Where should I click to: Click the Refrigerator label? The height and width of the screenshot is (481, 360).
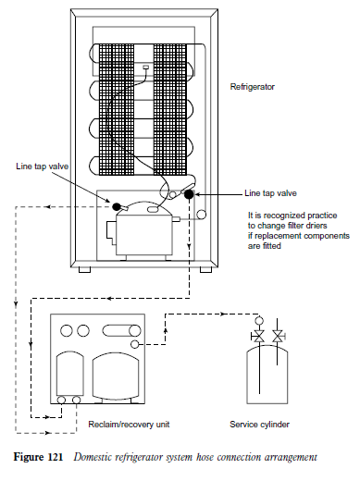pos(252,87)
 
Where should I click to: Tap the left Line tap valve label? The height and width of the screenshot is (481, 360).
pos(43,166)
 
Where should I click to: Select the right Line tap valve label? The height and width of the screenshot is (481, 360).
pos(270,193)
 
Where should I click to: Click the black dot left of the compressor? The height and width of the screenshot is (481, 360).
pos(116,206)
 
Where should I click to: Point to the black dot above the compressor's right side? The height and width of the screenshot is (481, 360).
pos(189,194)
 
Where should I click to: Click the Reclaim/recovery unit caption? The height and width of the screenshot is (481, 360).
pos(129,425)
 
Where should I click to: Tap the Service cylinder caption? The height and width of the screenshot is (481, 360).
pos(259,425)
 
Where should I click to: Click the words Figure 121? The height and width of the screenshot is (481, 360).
pos(38,457)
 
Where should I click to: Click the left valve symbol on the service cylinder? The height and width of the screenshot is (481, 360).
pos(258,336)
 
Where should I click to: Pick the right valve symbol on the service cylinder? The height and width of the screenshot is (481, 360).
pos(279,336)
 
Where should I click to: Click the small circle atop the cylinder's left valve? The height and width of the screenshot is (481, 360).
pos(259,321)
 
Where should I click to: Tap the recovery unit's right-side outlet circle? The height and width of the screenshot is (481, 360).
pos(135,344)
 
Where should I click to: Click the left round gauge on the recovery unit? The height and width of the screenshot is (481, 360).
pos(67,331)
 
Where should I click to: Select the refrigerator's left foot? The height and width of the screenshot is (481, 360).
pos(84,269)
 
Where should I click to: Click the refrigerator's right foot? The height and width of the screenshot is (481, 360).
pos(205,269)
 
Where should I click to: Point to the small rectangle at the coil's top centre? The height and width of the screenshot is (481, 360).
pos(145,67)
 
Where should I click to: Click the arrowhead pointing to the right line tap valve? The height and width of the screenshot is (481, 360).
pos(196,194)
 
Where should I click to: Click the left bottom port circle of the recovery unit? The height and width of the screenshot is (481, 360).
pos(61,401)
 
